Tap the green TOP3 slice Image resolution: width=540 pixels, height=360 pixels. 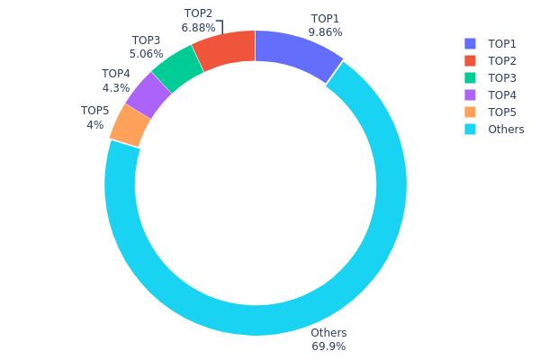click(x=178, y=67)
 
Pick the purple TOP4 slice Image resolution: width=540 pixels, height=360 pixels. click(x=149, y=94)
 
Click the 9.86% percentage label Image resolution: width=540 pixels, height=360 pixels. click(x=325, y=32)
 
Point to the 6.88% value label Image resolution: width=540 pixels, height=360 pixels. click(x=198, y=28)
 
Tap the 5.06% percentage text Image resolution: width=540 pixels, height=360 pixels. click(x=146, y=54)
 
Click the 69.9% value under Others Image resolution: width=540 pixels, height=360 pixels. click(x=328, y=346)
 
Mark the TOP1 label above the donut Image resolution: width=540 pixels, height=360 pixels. click(x=325, y=19)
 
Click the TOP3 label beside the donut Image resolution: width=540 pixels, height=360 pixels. click(x=146, y=40)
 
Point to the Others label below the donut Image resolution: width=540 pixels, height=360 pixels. click(x=328, y=333)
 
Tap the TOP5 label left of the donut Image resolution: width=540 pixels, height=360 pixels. click(x=95, y=111)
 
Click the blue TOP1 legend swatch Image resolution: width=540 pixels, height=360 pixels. click(x=470, y=44)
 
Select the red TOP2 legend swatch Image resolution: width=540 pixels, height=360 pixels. click(x=470, y=61)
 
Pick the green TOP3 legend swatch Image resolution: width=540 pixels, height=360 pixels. click(x=470, y=78)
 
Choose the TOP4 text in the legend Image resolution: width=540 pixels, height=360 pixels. click(x=502, y=95)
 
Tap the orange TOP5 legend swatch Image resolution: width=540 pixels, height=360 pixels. click(x=470, y=112)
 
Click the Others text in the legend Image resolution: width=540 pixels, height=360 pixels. click(x=506, y=130)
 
